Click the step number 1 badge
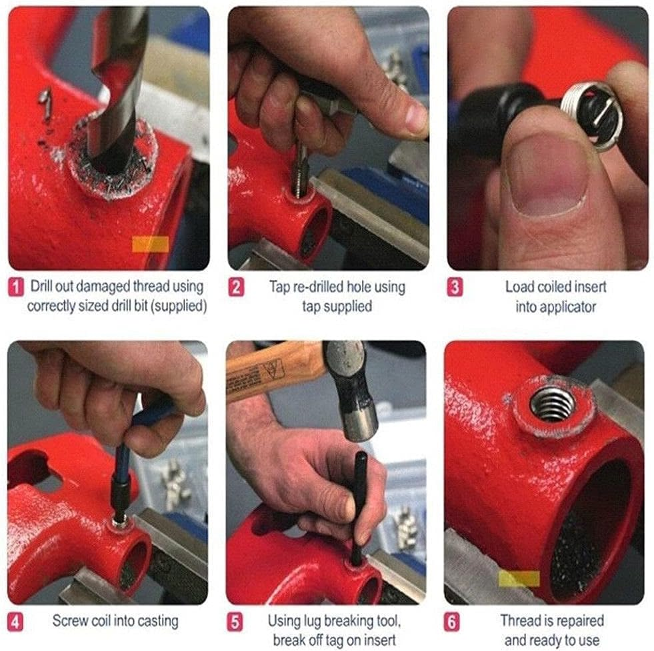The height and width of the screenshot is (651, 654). (x=17, y=287)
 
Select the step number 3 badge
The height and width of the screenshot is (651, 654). (x=454, y=288)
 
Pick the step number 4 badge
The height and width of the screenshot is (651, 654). (x=17, y=621)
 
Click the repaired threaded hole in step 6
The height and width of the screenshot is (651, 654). (x=551, y=404)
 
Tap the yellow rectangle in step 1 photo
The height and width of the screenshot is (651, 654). (x=150, y=245)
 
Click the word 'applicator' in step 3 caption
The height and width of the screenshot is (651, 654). (x=555, y=307)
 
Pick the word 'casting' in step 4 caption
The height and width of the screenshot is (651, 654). (x=155, y=621)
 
